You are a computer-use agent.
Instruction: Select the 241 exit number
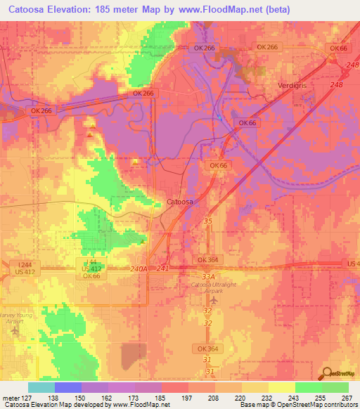(163, 268)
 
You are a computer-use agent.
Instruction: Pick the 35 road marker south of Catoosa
(207, 221)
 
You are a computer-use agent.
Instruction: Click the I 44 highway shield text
(93, 261)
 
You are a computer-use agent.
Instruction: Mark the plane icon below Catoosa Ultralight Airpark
(214, 301)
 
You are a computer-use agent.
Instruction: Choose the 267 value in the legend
(347, 398)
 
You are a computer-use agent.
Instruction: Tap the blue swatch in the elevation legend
(67, 387)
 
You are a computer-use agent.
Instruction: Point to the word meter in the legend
(9, 398)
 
